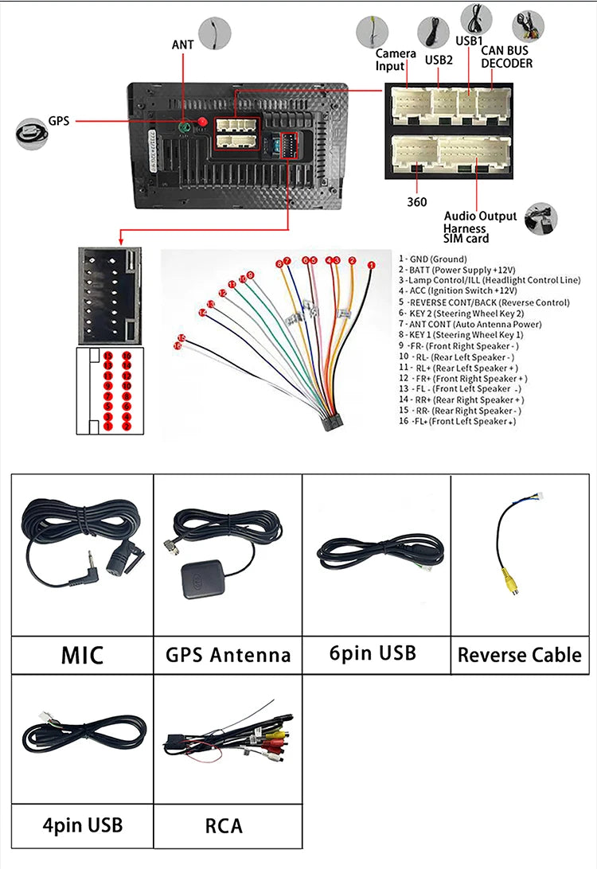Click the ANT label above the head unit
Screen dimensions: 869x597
[x=182, y=45]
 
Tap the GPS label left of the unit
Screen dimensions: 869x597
[x=59, y=122]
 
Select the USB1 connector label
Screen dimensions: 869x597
[x=469, y=41]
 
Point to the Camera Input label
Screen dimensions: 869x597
[x=396, y=60]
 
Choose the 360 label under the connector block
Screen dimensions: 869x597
[x=416, y=202]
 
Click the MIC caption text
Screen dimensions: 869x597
[x=82, y=655]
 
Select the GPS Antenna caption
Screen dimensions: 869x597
[x=228, y=655]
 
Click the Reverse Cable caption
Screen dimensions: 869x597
[x=520, y=655]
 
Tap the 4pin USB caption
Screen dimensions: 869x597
[x=82, y=824]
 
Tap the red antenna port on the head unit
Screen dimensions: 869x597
[x=201, y=122]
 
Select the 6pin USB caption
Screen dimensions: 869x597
[x=373, y=653]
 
